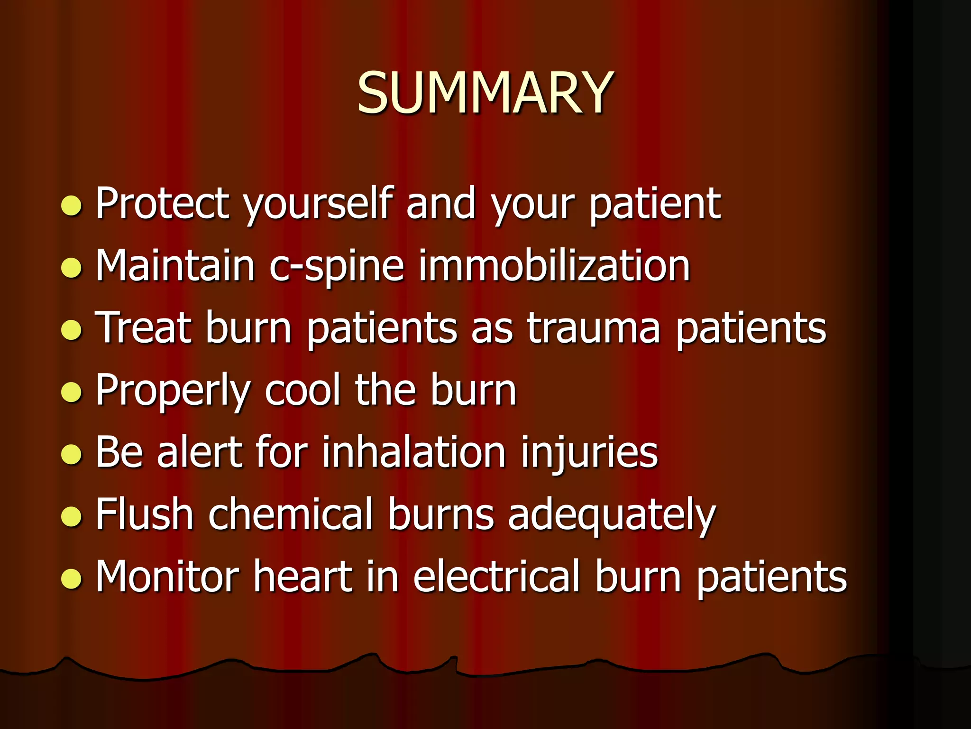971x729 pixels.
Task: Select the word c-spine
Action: [336, 266]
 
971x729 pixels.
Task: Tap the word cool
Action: [302, 390]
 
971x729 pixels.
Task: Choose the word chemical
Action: [291, 514]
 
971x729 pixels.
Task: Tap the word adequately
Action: [612, 516]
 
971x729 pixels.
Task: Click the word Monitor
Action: [167, 577]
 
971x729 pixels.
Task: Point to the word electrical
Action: [496, 577]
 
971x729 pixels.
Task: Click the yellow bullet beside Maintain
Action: [72, 267]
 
